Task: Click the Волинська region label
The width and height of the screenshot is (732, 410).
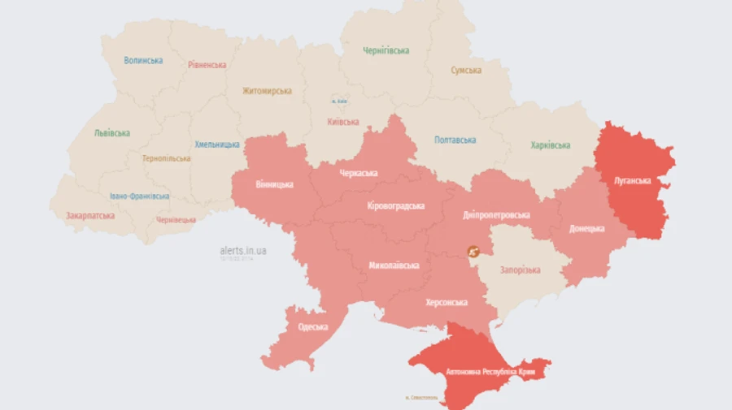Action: [143, 60]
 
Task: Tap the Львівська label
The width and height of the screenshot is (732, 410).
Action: [111, 133]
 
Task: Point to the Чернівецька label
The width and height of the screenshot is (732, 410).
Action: [176, 220]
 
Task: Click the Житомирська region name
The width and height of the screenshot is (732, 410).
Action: [266, 91]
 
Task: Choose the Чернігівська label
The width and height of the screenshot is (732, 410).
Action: [386, 50]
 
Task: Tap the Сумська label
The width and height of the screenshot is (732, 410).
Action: [466, 71]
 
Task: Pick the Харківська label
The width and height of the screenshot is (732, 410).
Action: [550, 145]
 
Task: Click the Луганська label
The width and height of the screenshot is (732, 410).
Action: [631, 180]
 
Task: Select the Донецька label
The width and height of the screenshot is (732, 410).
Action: [586, 229]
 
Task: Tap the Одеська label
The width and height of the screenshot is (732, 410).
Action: [312, 327]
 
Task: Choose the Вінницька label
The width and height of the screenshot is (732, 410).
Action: [274, 184]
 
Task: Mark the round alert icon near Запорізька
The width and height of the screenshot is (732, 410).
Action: [472, 253]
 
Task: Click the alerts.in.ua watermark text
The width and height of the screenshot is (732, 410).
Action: [242, 251]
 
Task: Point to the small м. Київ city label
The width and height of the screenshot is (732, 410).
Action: [340, 101]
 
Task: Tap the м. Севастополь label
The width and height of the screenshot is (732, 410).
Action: [420, 398]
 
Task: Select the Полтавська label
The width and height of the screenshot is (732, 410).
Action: [455, 140]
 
